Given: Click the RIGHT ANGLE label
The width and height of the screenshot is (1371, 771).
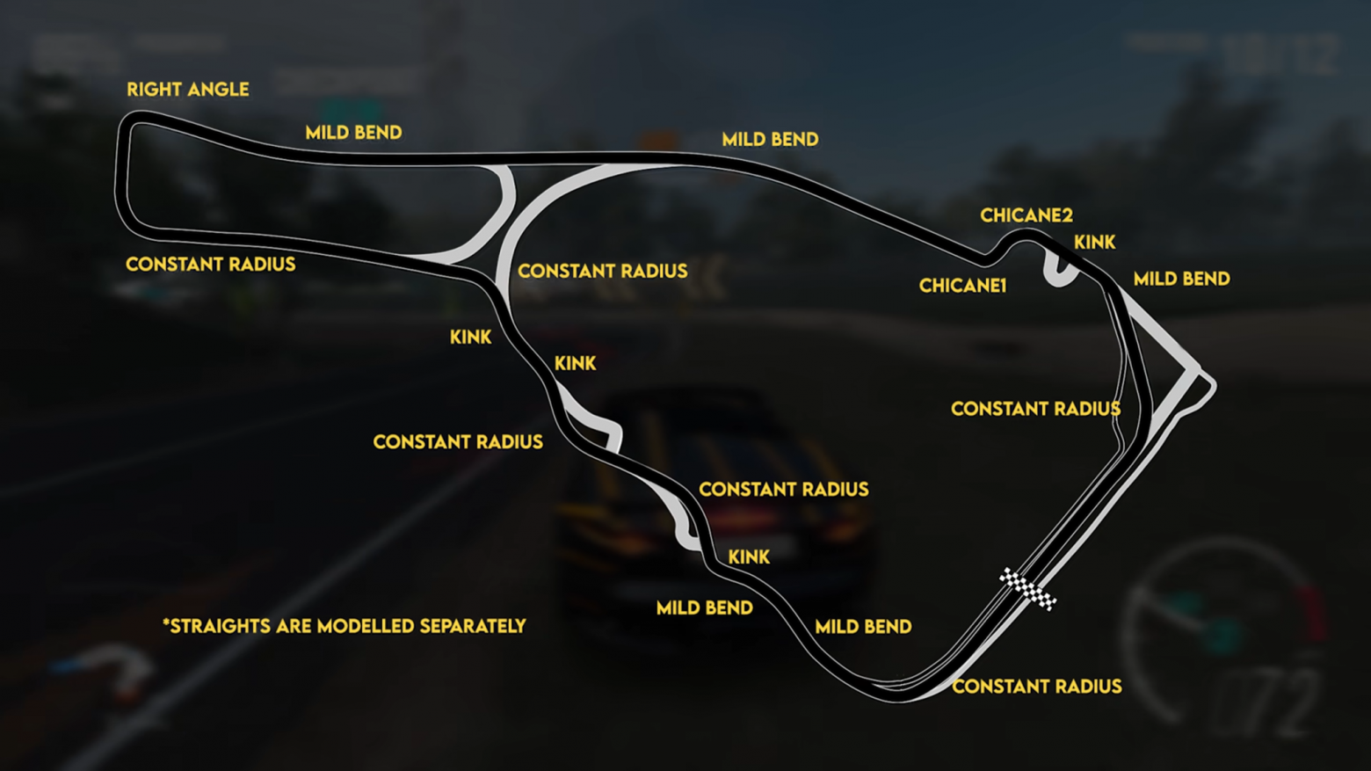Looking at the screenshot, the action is click(188, 90).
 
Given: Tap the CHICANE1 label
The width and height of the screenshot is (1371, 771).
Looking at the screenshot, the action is click(962, 286).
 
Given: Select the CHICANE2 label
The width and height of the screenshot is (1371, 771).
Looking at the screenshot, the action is click(1026, 215).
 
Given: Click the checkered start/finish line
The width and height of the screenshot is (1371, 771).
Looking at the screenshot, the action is click(1028, 589).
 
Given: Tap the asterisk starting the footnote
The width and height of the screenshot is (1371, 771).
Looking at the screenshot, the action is click(166, 622).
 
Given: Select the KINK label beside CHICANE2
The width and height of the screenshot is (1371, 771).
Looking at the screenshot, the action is click(1094, 243).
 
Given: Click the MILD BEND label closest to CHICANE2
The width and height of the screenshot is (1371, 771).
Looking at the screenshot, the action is click(1181, 279).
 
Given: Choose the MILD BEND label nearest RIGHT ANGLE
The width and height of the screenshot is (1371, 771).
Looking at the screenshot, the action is click(353, 132).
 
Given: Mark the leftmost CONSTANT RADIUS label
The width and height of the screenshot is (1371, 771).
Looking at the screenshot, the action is click(211, 264).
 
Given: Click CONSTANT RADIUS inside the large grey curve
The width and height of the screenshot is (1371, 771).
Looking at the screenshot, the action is click(602, 271).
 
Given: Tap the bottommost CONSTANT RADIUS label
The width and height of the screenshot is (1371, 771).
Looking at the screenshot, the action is click(1037, 687).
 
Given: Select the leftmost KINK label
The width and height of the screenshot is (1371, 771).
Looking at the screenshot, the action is click(470, 337).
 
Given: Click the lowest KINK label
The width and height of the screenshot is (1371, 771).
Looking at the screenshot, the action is click(749, 556).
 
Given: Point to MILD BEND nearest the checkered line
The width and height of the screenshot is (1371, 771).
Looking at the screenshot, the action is click(863, 627).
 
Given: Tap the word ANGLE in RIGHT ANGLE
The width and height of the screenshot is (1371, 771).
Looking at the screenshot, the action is click(218, 90).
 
